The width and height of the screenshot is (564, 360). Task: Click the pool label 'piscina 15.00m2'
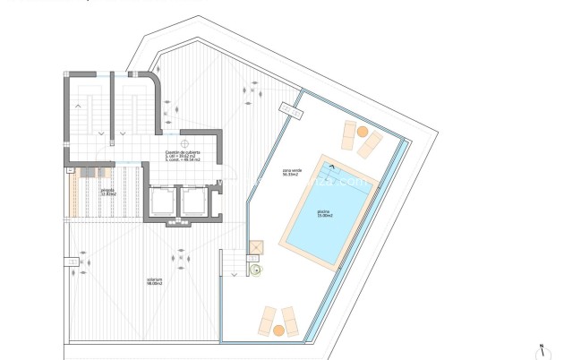click(323, 215)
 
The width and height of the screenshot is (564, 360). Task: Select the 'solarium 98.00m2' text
click(155, 282)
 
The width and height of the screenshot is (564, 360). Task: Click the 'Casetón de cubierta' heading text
click(183, 153)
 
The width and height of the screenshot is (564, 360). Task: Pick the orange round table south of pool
click(278, 330)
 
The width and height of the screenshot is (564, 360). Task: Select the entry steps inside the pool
click(332, 167)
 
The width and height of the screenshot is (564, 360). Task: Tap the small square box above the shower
click(256, 246)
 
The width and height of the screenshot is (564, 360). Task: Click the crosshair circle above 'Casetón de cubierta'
click(184, 141)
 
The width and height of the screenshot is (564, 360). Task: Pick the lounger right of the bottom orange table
click(290, 320)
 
